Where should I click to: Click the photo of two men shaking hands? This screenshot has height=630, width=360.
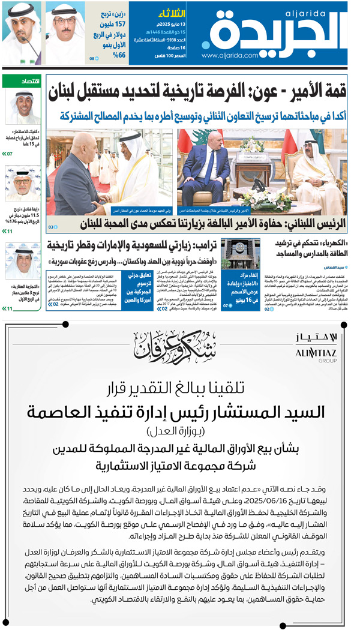[x=110, y=172]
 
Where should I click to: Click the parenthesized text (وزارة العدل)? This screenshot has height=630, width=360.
[x=180, y=431]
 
